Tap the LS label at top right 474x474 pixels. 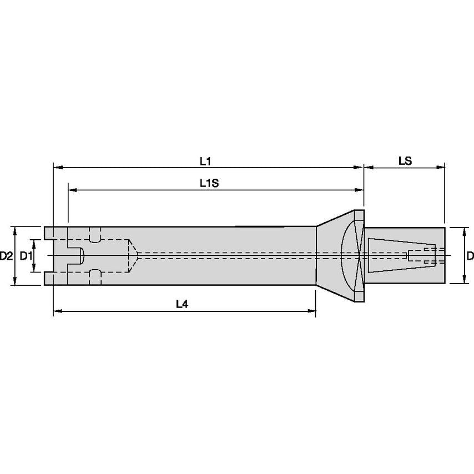(x=405, y=161)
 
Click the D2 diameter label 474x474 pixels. (x=6, y=256)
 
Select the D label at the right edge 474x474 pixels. (x=470, y=256)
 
